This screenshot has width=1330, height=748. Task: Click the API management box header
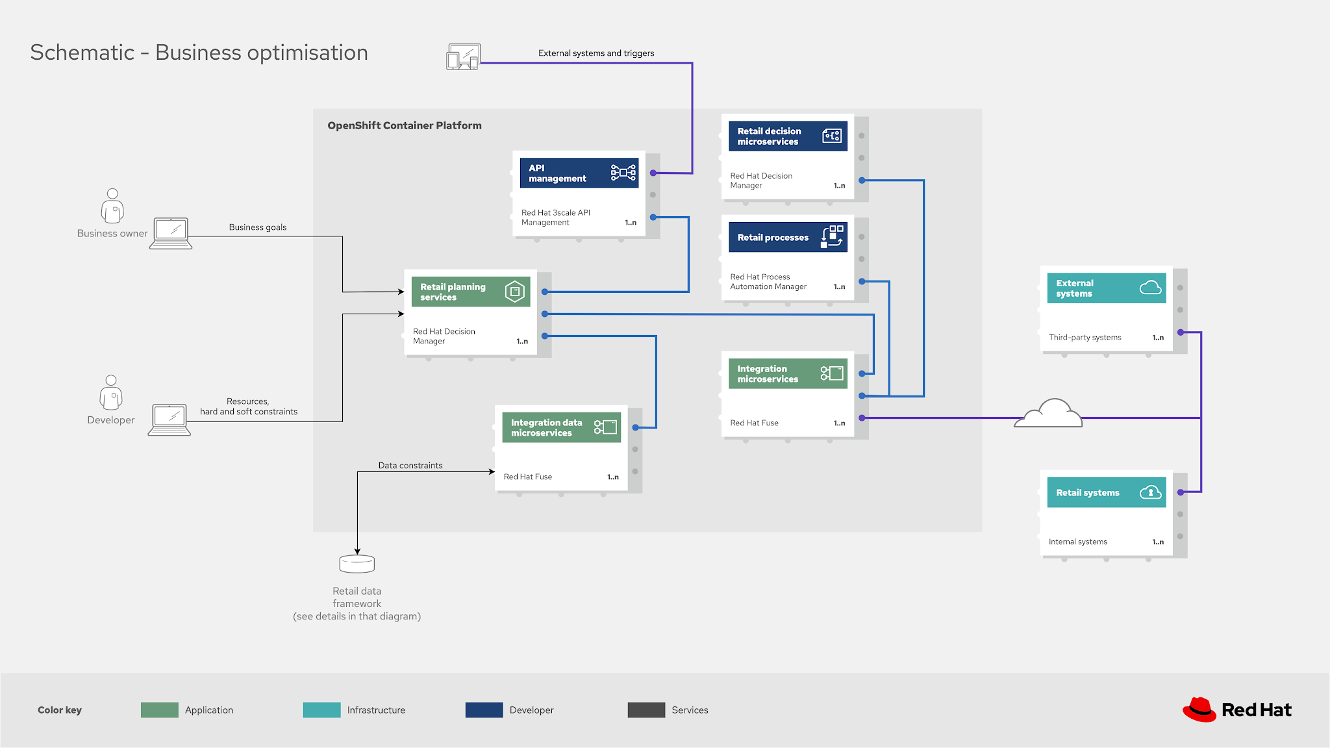579,173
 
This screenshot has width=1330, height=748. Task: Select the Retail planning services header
470,292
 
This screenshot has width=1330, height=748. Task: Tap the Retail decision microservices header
787,136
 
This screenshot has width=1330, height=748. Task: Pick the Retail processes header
787,238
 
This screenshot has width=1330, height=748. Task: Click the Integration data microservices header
561,428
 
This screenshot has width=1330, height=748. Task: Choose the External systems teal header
1106,288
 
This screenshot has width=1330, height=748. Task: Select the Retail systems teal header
1106,493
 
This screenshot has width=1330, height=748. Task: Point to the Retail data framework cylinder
357,564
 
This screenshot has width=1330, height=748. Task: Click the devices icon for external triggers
463,57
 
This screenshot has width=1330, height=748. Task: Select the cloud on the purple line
1049,414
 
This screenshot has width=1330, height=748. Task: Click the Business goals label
257,227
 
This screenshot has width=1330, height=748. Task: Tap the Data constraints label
410,466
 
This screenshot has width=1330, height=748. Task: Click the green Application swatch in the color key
159,710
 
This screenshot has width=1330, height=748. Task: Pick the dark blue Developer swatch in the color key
484,710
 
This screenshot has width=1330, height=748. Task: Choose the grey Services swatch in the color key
646,710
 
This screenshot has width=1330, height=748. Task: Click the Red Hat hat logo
1199,710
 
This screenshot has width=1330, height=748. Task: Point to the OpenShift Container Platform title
404,126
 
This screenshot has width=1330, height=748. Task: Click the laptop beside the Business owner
171,233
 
